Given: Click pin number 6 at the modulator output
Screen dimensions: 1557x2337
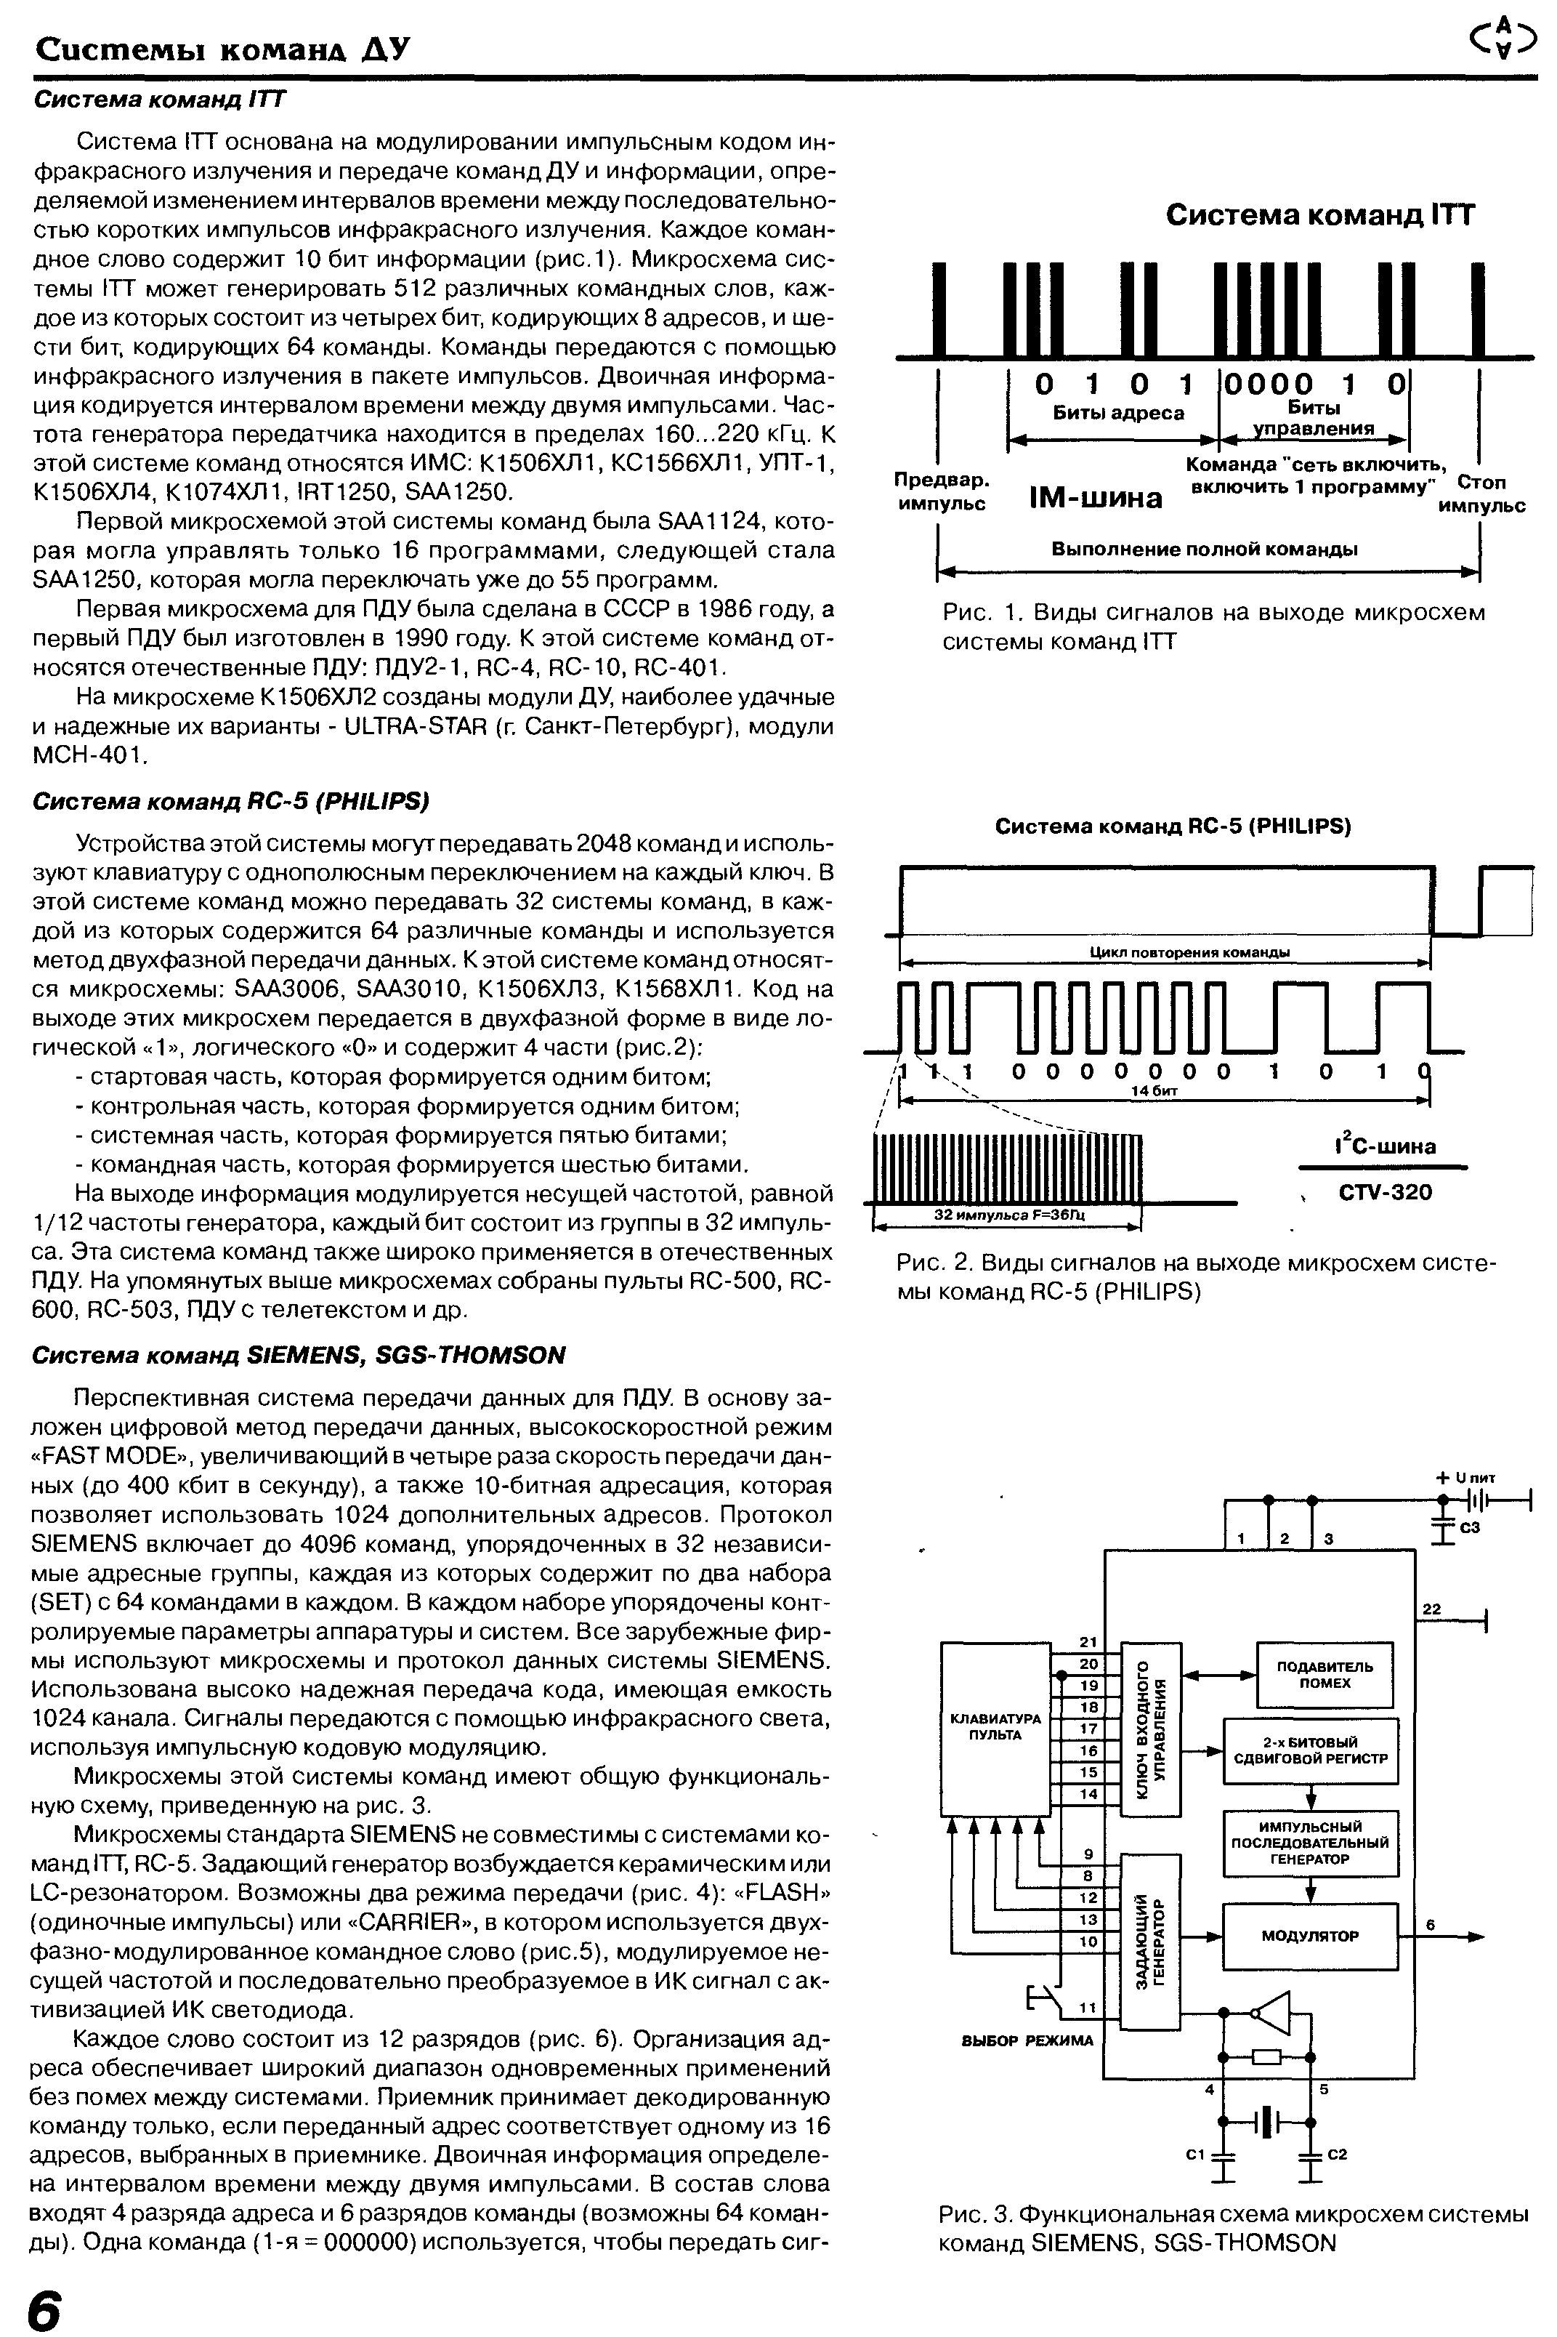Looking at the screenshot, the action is point(1431,1924).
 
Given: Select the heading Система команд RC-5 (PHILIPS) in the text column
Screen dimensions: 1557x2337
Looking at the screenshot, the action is point(231,800).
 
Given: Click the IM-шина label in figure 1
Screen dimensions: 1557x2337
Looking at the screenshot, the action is point(1096,496).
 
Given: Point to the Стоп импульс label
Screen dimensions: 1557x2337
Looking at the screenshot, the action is point(1481,494).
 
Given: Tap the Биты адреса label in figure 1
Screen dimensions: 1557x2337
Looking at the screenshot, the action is point(1118,413).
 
